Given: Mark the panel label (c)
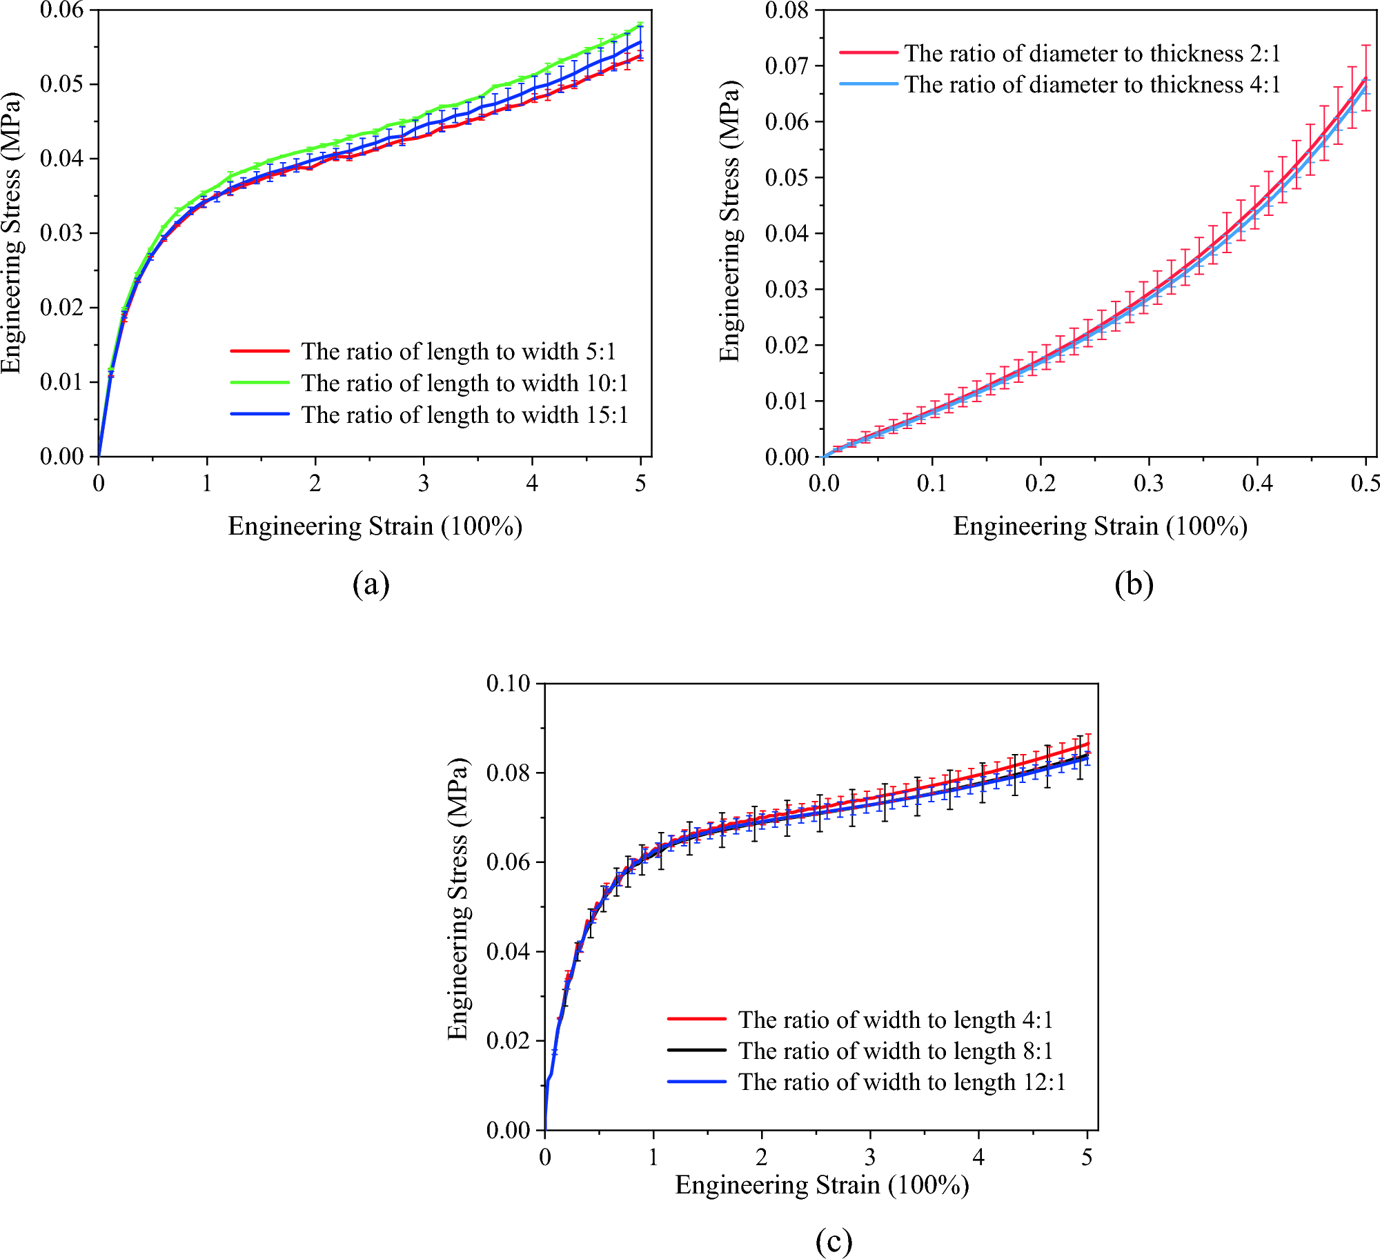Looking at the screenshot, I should [x=834, y=1241].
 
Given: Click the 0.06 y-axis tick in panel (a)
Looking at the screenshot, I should [x=61, y=10].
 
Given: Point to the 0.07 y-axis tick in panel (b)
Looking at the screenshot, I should [x=787, y=66].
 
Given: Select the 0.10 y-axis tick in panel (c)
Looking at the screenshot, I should [x=508, y=684].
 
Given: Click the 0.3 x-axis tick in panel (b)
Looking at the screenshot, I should [x=1148, y=484].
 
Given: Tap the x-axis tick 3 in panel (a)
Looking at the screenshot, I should [x=424, y=484].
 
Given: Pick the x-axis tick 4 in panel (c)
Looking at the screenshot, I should [x=978, y=1157].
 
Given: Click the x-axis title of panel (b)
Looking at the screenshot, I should [x=1100, y=526].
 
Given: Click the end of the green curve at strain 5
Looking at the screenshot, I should [x=641, y=26].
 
